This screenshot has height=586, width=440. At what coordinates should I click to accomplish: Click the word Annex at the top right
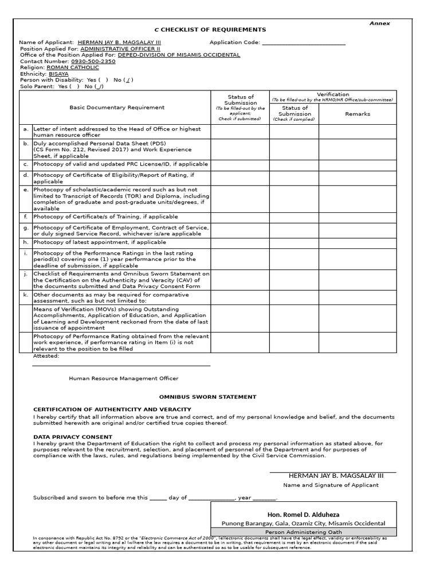point(379,23)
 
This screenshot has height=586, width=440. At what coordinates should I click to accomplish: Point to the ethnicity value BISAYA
point(58,74)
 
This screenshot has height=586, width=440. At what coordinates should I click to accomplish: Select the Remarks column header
point(357,114)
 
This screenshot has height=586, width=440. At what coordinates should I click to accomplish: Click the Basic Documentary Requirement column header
point(117,108)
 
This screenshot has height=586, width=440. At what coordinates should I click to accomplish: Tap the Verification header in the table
point(333,94)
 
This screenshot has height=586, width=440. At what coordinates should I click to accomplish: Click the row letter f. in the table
point(26,217)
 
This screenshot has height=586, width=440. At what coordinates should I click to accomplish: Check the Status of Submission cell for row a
point(240,132)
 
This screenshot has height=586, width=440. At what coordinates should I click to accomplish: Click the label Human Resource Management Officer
point(123,378)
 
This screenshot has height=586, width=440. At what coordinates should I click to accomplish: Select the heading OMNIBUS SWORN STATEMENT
point(207,397)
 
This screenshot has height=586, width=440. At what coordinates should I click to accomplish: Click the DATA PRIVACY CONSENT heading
point(73,437)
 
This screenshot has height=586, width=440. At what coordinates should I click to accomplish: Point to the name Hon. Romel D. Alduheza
point(303,514)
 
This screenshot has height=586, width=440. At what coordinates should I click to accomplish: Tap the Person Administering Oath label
point(303,532)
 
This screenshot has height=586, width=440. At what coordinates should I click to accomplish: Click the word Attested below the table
point(46,356)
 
